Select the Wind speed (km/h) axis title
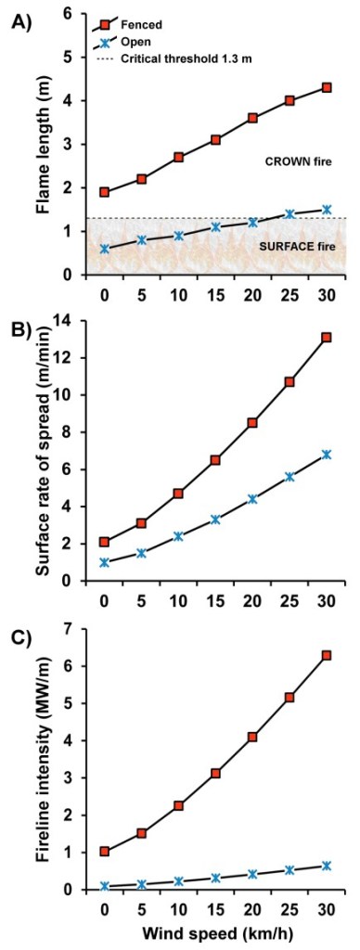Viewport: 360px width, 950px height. tap(212, 935)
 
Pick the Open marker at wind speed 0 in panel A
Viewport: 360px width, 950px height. tap(105, 248)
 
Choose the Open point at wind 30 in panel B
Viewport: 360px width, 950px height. tap(326, 455)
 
